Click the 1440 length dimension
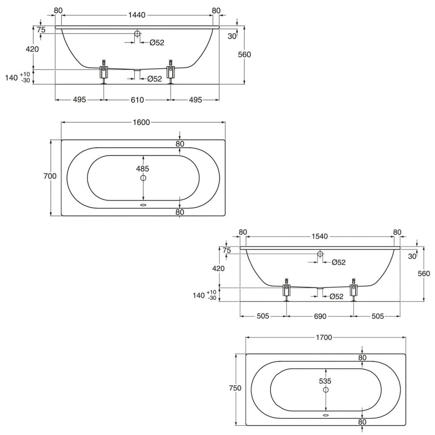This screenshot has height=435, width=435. pos(137,15)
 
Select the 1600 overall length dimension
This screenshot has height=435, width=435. pos(141,122)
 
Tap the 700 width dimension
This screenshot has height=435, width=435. pos(50,176)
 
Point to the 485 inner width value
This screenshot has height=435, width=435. pos(142,168)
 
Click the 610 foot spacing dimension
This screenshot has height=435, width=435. pos(137,100)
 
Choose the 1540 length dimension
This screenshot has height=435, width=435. pos(320,236)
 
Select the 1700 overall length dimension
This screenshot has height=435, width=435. pos(324,337)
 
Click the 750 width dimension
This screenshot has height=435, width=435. pos(235,388)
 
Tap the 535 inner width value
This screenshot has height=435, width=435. pos(325,381)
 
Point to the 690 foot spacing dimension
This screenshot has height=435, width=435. pos(320,316)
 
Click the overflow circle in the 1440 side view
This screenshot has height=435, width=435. pos(137,34)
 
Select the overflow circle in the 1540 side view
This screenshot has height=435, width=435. pos(320,253)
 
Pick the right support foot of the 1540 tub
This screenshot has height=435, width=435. pos(354,289)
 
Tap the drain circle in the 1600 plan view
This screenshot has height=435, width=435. pos(143,178)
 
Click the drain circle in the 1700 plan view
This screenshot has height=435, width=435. pos(326,390)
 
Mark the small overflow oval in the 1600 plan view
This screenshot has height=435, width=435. pos(143,206)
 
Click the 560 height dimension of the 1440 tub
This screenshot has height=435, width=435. pos(244,54)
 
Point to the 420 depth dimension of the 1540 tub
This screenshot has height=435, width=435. pos(218,268)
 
